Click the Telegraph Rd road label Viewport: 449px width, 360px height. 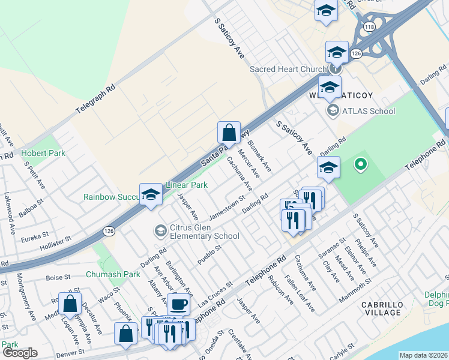click(95, 100)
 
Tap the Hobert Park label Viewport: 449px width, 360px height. click(43, 154)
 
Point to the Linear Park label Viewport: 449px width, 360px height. click(187, 185)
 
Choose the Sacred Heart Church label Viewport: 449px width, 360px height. click(288, 69)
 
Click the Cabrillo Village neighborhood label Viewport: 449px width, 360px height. click(381, 308)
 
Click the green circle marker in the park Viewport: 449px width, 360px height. click(360, 163)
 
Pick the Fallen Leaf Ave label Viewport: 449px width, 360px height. click(304, 290)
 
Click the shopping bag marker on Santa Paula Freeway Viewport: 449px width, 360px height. click(229, 133)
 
